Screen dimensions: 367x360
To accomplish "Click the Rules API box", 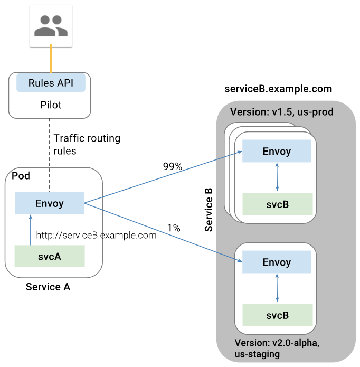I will click(51, 83).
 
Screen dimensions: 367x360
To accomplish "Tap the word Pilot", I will click(51, 105).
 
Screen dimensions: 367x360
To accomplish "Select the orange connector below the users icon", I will click(51, 59).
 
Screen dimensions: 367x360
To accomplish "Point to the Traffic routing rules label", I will click(87, 145).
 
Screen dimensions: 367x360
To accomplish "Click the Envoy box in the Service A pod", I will click(50, 203).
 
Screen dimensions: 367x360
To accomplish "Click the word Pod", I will click(21, 175).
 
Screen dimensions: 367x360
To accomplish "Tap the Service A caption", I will click(48, 287).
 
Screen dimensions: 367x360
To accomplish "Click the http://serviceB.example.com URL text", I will click(96, 236).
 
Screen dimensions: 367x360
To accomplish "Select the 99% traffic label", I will click(172, 167).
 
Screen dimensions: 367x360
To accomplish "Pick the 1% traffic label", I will click(174, 228).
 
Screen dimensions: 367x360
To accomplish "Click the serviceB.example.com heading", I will click(278, 88).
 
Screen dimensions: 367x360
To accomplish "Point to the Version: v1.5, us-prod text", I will click(281, 112).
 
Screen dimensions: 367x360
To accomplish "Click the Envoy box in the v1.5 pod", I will click(277, 152).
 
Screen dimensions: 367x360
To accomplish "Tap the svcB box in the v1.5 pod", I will click(277, 204).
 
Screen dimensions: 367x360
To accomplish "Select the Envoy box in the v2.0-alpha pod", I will click(277, 262).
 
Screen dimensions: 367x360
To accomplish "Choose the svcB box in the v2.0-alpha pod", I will click(277, 315).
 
